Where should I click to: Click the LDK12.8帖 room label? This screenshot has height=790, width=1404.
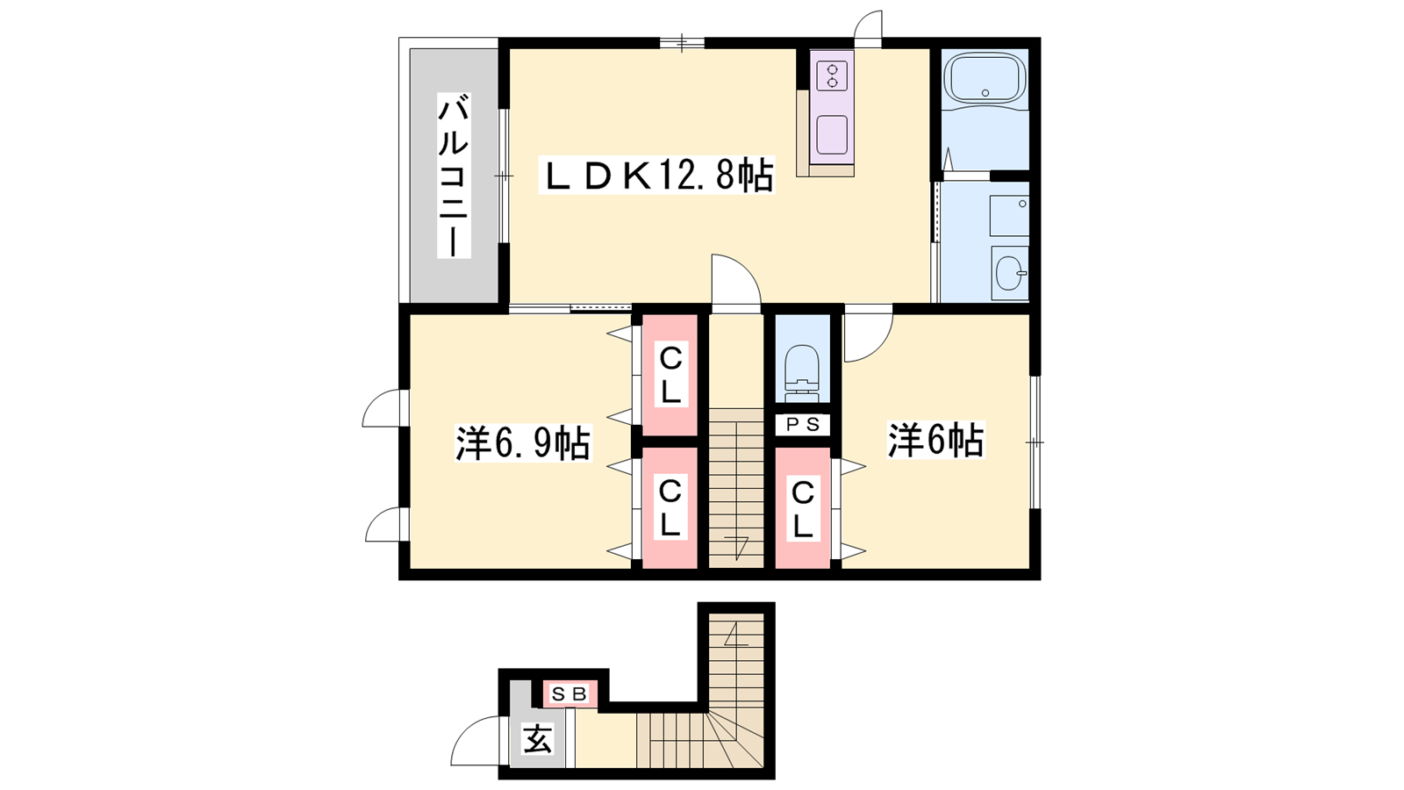(x=656, y=176)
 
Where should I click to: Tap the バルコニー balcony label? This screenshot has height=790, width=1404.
(x=453, y=176)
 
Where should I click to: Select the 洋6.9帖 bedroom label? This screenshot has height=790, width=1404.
(x=523, y=444)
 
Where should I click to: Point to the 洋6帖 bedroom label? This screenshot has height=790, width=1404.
(x=935, y=440)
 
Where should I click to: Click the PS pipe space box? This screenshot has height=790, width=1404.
(x=803, y=425)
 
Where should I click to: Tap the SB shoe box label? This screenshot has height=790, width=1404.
(x=569, y=694)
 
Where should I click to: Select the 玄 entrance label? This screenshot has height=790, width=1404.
(x=538, y=739)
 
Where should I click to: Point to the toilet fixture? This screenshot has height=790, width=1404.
(x=802, y=374)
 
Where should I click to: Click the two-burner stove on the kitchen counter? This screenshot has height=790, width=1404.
(x=832, y=75)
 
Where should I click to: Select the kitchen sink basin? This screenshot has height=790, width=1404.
(x=832, y=135)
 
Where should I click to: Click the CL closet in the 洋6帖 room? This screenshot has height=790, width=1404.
(x=803, y=508)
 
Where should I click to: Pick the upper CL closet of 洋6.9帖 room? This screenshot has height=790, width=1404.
(x=670, y=375)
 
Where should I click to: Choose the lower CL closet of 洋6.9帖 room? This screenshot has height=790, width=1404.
(x=670, y=508)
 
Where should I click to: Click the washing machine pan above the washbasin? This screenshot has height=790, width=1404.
(x=1009, y=216)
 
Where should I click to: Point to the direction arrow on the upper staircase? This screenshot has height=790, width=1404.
(x=736, y=548)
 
